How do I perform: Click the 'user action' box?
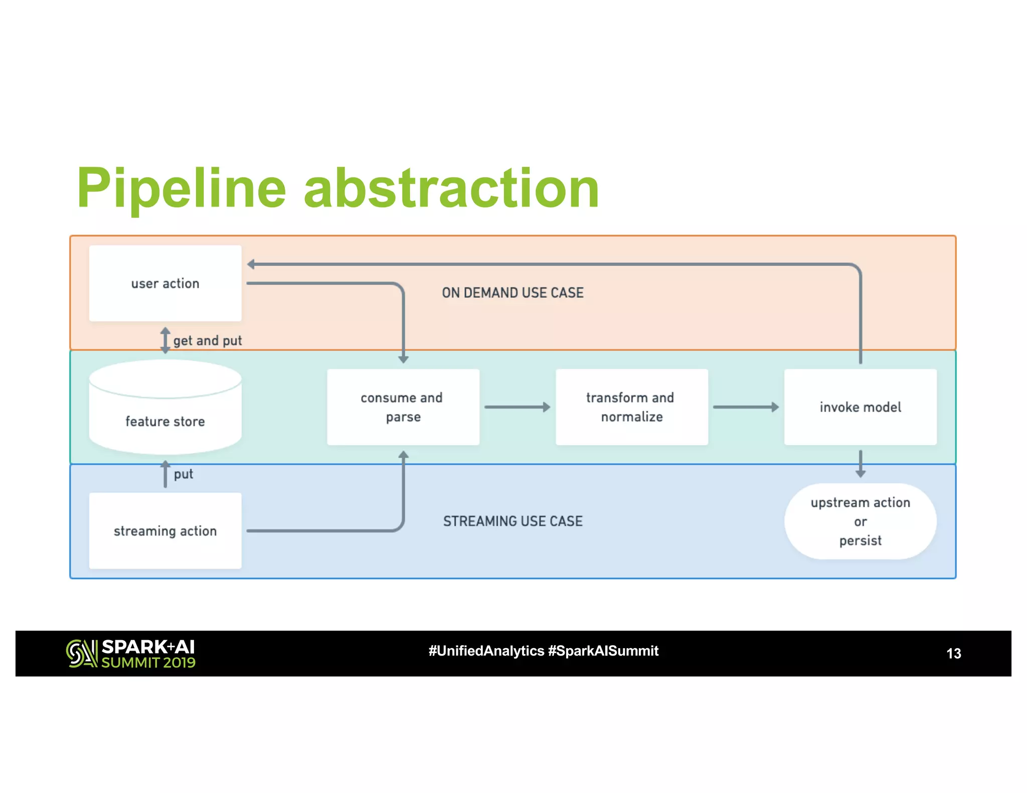(x=165, y=283)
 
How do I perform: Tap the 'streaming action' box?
(x=165, y=530)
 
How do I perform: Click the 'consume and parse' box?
(x=403, y=407)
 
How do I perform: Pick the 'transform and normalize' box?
(x=631, y=407)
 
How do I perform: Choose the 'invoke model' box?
(x=860, y=407)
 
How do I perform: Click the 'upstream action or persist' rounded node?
(x=860, y=521)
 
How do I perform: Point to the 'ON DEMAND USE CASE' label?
(x=512, y=293)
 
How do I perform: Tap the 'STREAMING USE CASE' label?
(x=512, y=521)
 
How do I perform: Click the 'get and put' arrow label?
(x=207, y=341)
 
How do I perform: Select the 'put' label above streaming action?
(x=183, y=474)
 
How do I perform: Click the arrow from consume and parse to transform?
(x=517, y=407)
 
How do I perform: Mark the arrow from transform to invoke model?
(x=745, y=407)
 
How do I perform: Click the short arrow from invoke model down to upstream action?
(x=861, y=463)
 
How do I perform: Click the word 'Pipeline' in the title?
(x=182, y=188)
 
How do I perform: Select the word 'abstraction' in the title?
(x=451, y=188)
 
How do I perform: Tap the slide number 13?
(x=953, y=653)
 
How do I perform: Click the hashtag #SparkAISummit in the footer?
(x=603, y=651)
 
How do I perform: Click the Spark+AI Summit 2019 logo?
(x=131, y=653)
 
